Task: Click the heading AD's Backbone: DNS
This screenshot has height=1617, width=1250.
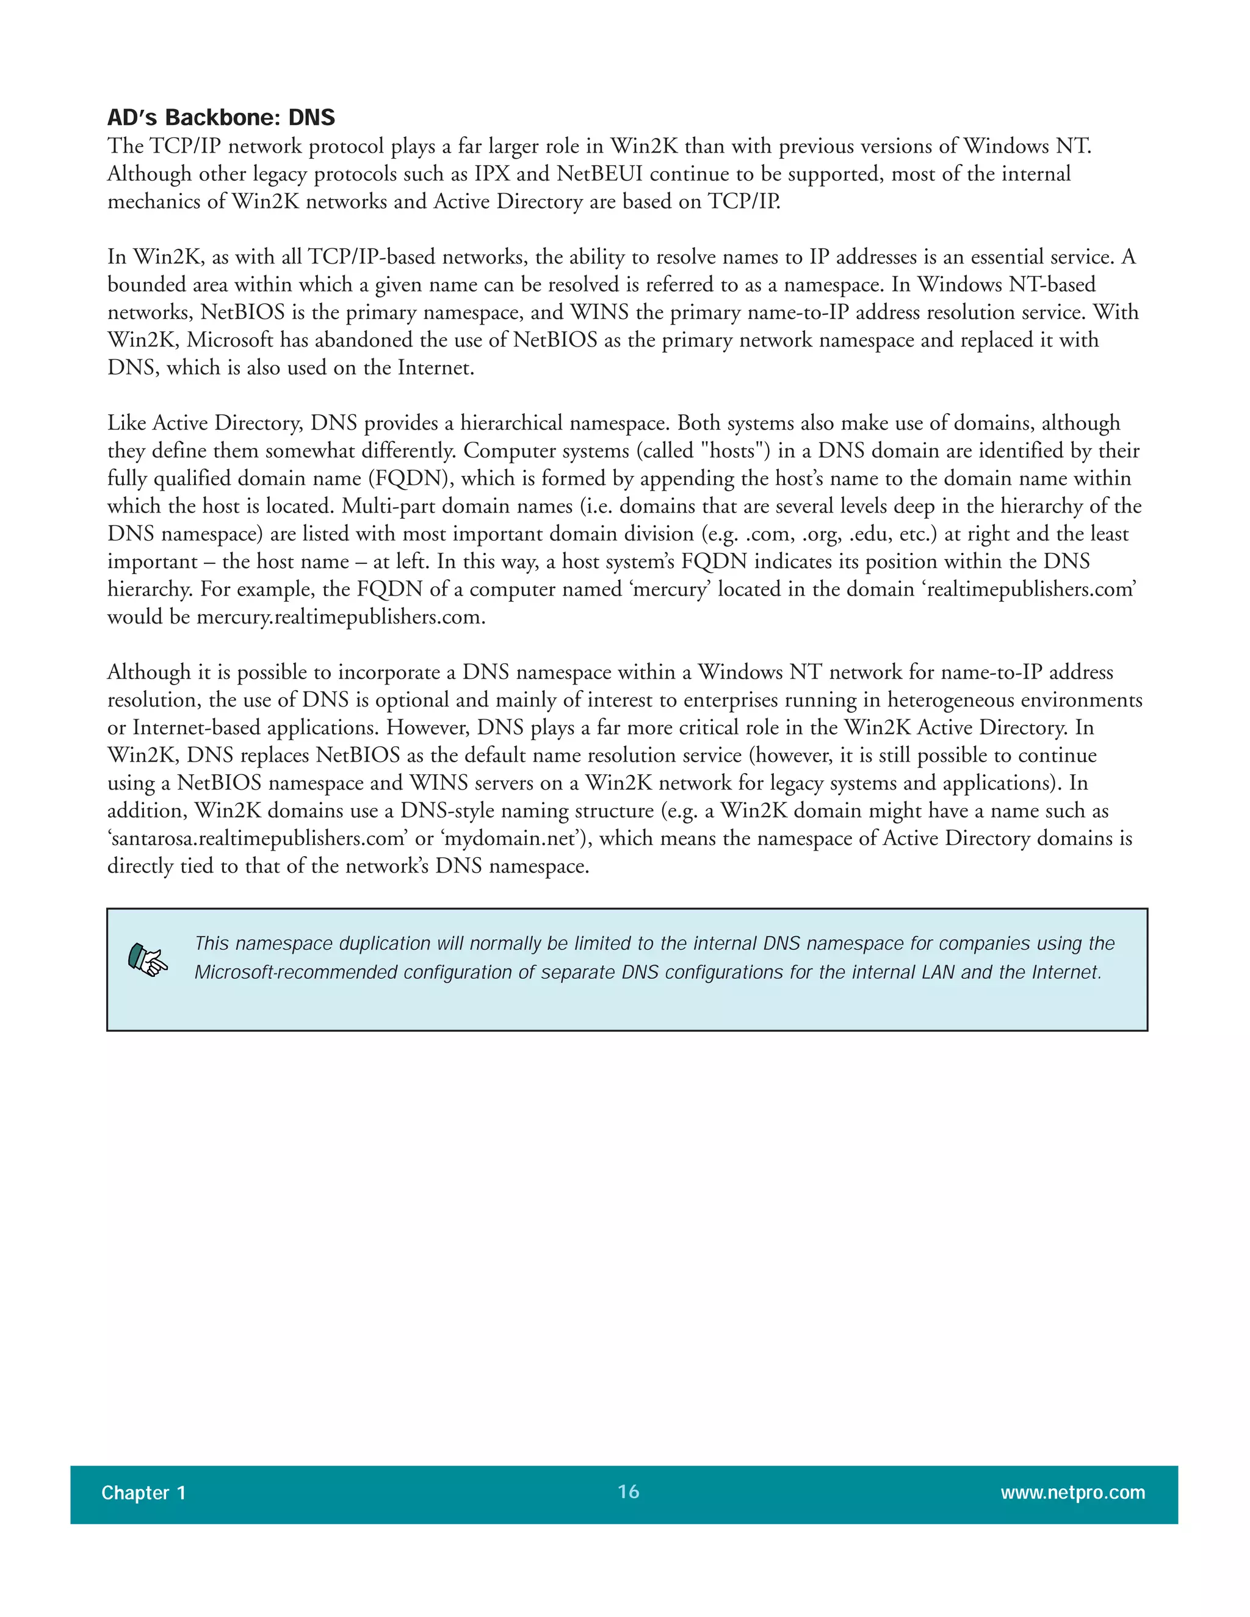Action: (x=221, y=118)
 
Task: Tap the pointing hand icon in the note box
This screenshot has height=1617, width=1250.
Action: (x=147, y=960)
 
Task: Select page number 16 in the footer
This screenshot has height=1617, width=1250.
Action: (x=628, y=1491)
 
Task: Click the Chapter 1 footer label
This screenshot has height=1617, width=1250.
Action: (x=143, y=1493)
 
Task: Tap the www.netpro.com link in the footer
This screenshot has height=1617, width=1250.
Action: (x=1072, y=1493)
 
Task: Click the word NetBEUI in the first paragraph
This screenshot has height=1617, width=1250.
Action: (x=599, y=174)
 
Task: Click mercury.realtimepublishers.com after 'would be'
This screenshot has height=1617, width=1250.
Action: (x=341, y=617)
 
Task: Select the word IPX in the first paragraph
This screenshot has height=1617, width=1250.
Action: (x=492, y=174)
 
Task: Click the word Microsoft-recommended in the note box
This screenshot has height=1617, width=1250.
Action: (x=295, y=972)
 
